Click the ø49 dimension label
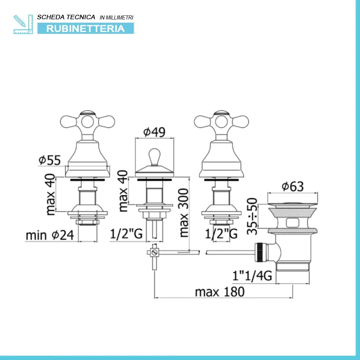154,132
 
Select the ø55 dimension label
50,160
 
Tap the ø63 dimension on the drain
293,186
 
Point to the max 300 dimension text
184,213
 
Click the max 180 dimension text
220,292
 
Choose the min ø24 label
50,235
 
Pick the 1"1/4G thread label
252,275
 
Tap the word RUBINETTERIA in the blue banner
85,29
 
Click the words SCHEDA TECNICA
66,17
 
